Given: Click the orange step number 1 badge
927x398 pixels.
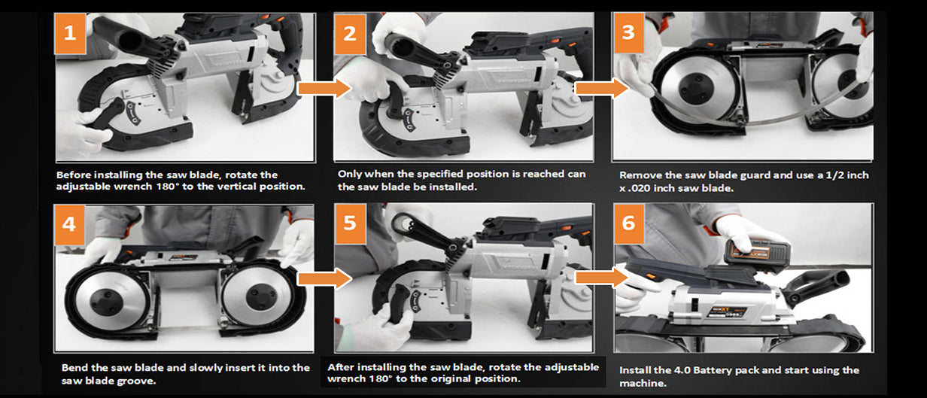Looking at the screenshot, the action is (71, 34).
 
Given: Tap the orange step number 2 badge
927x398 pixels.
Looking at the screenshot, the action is (350, 35).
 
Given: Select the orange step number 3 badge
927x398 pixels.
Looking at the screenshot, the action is (628, 32).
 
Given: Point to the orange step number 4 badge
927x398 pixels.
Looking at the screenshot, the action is (69, 225).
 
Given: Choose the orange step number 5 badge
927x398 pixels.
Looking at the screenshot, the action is (350, 223).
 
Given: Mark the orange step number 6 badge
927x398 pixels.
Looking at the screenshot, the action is (629, 223).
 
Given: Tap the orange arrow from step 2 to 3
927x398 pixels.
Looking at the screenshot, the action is (602, 89).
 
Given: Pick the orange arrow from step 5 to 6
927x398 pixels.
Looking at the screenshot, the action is (602, 278).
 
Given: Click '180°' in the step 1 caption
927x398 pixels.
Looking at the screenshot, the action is (167, 187).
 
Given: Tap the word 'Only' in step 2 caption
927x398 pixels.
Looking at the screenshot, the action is (350, 175).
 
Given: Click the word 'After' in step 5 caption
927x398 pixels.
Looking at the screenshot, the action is (341, 367).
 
